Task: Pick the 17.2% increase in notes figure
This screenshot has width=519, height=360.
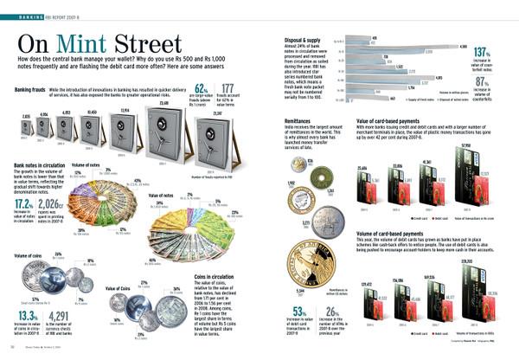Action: pyautogui.click(x=25, y=203)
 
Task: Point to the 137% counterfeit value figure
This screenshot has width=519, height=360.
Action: pyautogui.click(x=484, y=53)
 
